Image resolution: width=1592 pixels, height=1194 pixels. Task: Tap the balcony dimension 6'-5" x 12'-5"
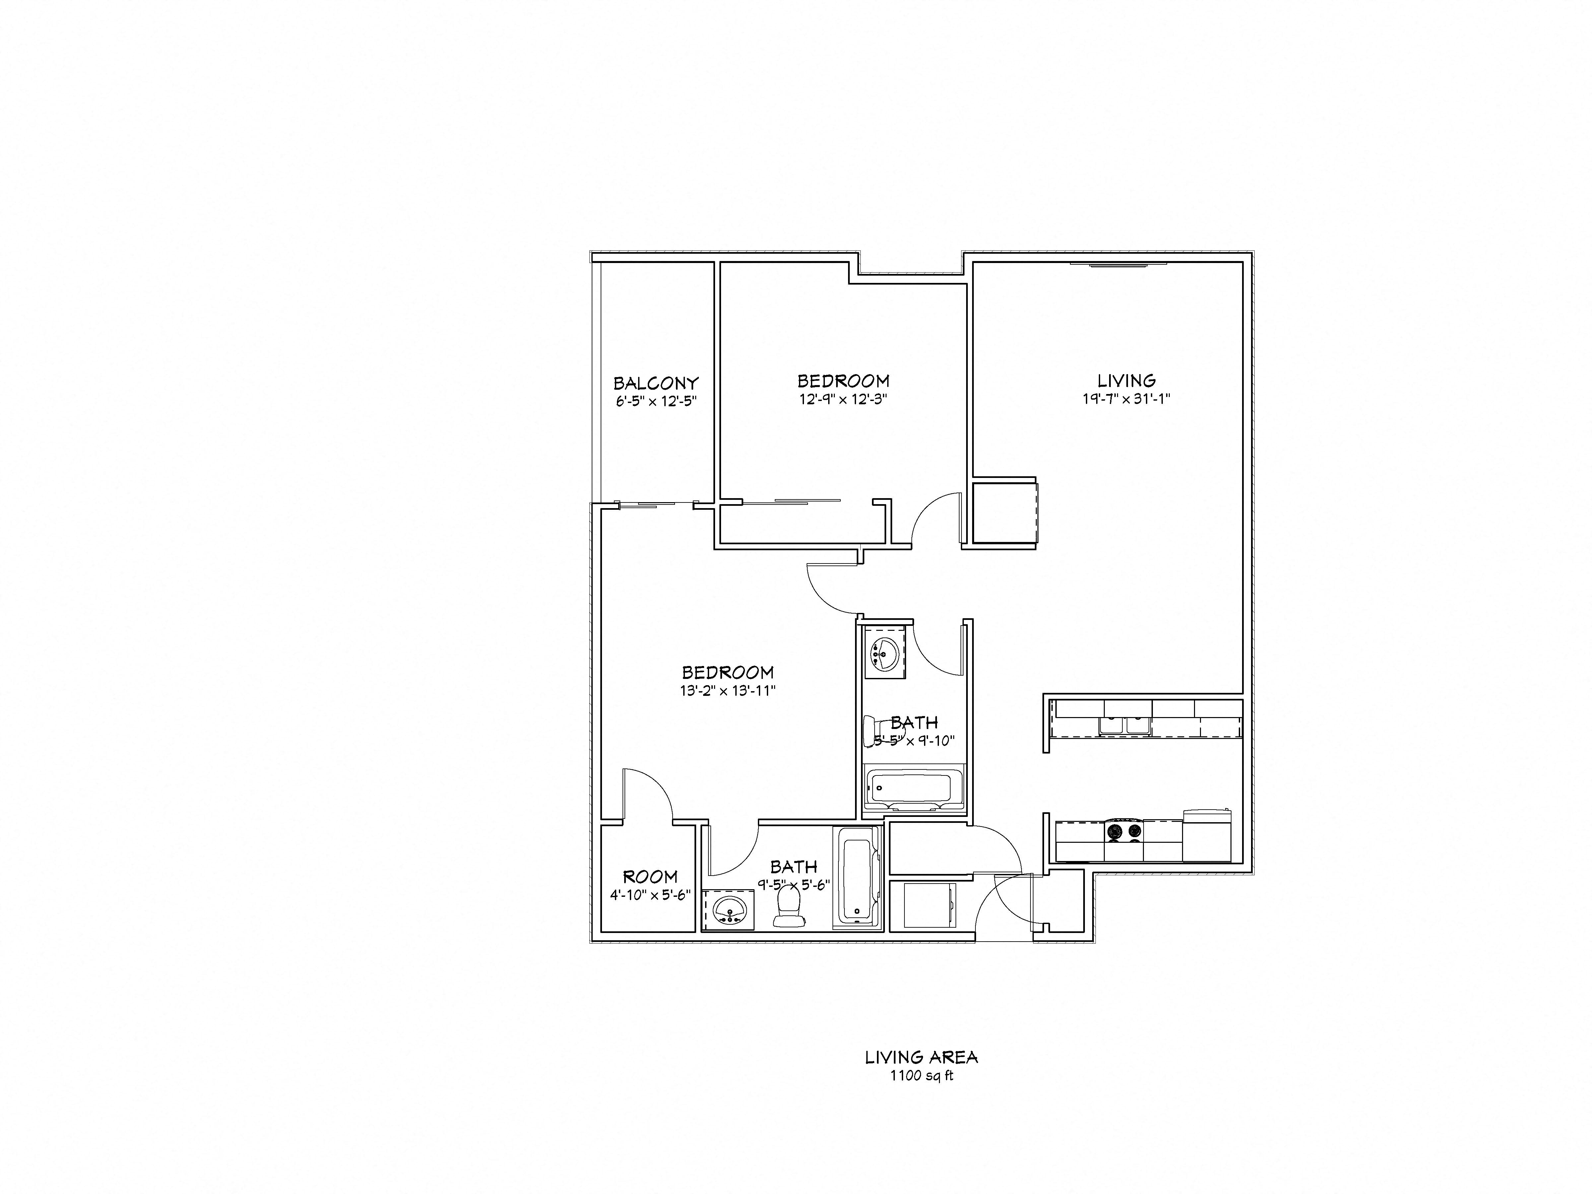pos(656,402)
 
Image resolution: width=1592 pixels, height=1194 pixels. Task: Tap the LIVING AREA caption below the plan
pos(921,1057)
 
